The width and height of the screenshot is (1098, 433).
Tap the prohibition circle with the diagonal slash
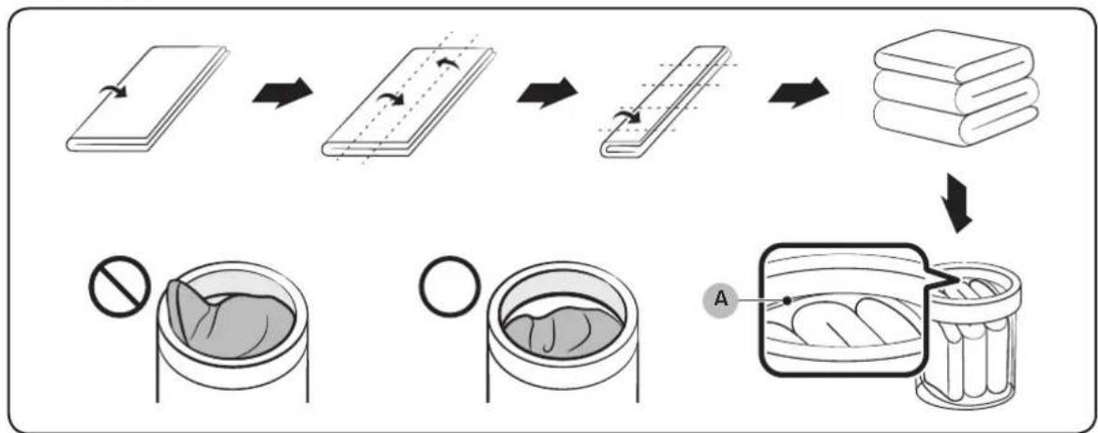coord(120,287)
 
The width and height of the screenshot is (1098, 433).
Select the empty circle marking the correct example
coord(450,287)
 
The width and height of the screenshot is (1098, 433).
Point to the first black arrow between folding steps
coord(282,93)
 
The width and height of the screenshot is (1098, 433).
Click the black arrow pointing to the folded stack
coord(798,93)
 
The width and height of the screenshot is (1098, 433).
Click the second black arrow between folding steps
coord(548,93)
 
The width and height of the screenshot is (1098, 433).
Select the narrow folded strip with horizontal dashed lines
coord(665,102)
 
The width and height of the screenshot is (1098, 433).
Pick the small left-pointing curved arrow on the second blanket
coord(446,65)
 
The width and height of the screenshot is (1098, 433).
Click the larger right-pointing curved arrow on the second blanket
coord(390,100)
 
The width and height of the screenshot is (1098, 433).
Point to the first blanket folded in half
coord(148,97)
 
